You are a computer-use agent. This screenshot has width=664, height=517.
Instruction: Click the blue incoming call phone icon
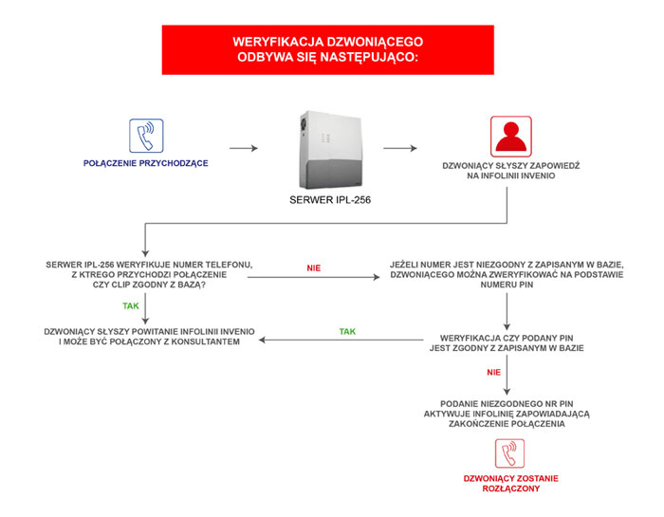point(146,136)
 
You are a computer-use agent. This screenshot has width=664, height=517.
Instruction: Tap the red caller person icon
point(510,137)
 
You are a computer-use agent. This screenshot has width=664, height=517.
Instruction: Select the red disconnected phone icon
point(509,453)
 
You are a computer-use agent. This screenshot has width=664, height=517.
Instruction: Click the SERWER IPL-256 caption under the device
point(330,200)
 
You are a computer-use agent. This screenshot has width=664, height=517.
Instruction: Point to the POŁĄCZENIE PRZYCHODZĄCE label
point(146,163)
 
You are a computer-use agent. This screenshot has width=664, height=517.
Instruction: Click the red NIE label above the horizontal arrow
point(314,268)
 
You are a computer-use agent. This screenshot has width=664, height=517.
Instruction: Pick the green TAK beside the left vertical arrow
point(131,305)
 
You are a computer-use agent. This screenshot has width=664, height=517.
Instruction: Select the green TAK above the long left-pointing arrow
point(347,331)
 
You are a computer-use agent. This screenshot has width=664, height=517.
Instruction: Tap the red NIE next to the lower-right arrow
point(494,372)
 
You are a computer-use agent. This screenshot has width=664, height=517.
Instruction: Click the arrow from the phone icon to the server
point(244,148)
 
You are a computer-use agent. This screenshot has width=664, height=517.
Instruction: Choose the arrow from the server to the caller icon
point(400,148)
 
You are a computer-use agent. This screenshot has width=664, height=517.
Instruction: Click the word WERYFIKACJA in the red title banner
point(277,42)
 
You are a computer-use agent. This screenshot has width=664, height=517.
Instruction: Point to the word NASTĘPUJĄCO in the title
point(369,57)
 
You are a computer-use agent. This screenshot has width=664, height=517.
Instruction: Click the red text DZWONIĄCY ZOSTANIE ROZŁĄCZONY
point(510,484)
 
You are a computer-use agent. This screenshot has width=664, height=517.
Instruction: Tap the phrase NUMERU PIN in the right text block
point(507,285)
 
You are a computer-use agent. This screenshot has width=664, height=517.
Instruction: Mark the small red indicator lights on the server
point(325,138)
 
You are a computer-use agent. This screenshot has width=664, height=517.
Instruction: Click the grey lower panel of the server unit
point(330,174)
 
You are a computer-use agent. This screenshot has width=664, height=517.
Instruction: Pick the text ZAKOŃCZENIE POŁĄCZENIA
point(507,424)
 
